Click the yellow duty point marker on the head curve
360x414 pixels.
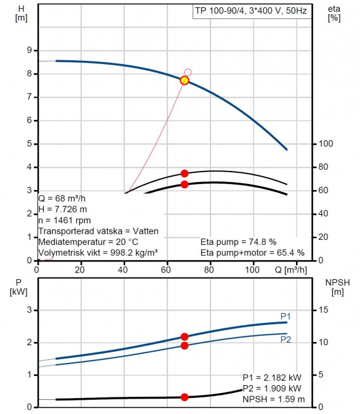tap(185, 80)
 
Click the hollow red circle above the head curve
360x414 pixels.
tap(188, 72)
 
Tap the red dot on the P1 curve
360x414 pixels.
tap(185, 336)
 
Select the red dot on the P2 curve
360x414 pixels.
tap(185, 346)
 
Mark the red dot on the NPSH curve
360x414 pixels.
tap(185, 397)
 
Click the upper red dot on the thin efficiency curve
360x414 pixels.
tap(185, 173)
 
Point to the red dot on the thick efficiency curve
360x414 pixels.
tap(185, 185)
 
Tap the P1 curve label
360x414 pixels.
tap(286, 316)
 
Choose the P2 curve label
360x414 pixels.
tap(286, 340)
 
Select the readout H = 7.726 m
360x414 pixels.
tap(63, 209)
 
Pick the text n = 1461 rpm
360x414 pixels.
tap(65, 220)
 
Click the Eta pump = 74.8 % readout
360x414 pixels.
tap(239, 242)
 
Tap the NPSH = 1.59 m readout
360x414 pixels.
tap(274, 399)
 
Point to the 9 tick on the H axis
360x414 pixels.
tap(29, 50)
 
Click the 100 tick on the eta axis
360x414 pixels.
tap(326, 144)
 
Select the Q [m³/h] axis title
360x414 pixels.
tap(291, 270)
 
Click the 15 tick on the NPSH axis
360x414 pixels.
tap(323, 310)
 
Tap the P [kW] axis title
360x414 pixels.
tap(18, 287)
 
